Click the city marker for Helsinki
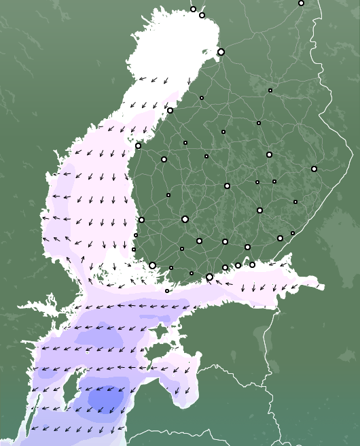(209, 277)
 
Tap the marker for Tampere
(185, 219)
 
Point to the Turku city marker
(152, 265)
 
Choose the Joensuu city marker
(314, 169)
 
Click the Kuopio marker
(269, 154)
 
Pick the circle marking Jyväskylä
(227, 186)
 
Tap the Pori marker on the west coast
(141, 220)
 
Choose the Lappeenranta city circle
(280, 238)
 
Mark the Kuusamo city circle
(301, 3)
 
